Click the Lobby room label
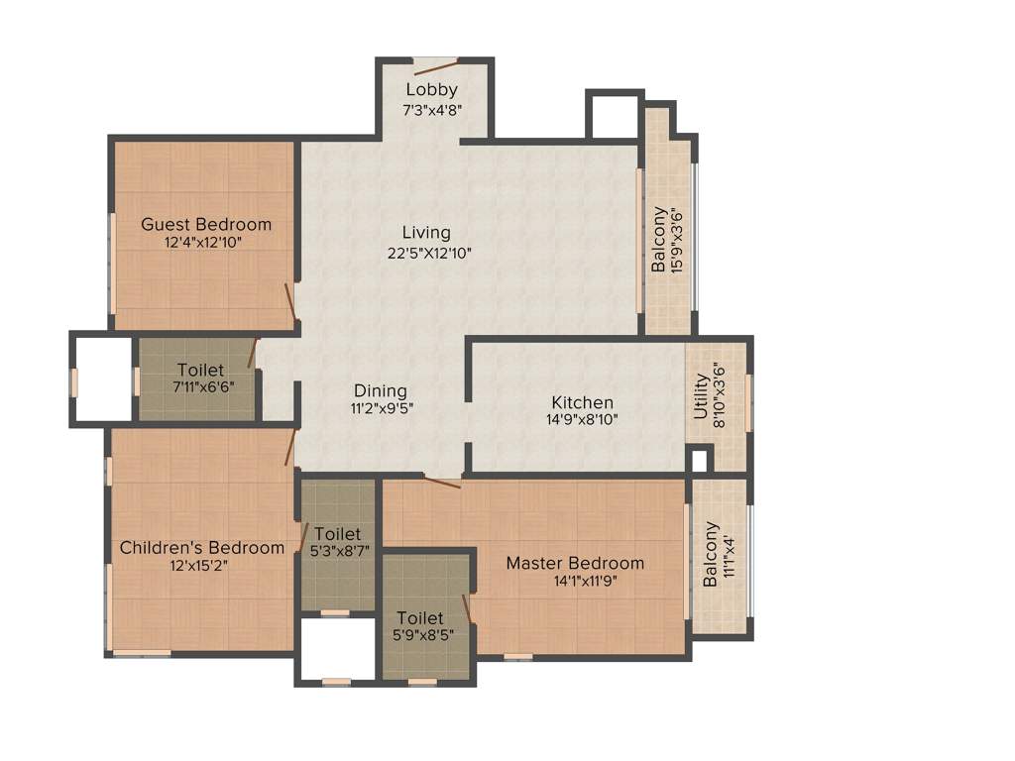(x=431, y=90)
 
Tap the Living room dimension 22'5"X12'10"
(x=429, y=253)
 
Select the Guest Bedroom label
(x=205, y=224)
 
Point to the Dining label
(x=381, y=391)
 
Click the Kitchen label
(x=582, y=403)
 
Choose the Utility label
(x=702, y=395)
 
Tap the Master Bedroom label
(x=575, y=563)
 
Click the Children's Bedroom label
(x=202, y=547)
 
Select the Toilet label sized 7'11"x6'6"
(x=200, y=371)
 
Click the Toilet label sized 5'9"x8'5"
(x=420, y=618)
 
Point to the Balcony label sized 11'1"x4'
(x=711, y=563)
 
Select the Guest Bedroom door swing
(x=290, y=303)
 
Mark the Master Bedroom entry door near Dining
(x=442, y=483)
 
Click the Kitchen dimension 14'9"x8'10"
(x=582, y=420)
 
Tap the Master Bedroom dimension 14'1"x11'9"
(x=586, y=581)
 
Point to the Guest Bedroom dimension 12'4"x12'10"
(x=204, y=242)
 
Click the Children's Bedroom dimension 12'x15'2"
(x=202, y=566)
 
